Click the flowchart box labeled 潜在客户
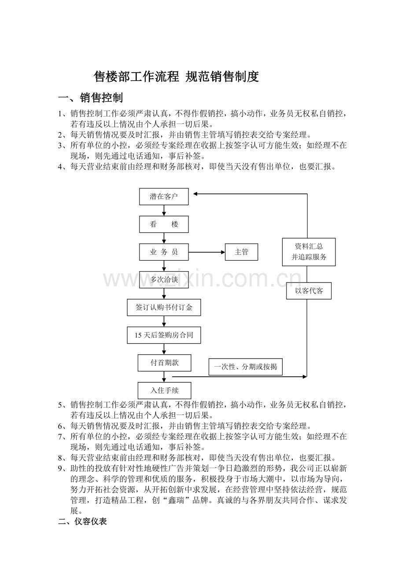pos(164,196)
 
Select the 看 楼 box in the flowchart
pos(164,224)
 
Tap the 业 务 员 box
pos(164,252)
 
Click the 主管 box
pos(241,252)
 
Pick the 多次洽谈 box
pos(164,279)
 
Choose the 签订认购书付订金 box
pos(164,307)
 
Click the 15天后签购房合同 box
pos(164,335)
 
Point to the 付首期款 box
pos(164,363)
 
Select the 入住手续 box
pos(164,390)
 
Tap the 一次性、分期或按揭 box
pos(245,367)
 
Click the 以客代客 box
pos(309,291)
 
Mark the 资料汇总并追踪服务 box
pos(309,252)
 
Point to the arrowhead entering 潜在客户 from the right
pos(195,194)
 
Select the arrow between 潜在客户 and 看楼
pos(164,210)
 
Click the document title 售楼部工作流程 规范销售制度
pos(176,77)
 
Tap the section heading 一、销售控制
pos(91,98)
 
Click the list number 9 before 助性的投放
pos(60,468)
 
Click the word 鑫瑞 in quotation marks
pos(176,500)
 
